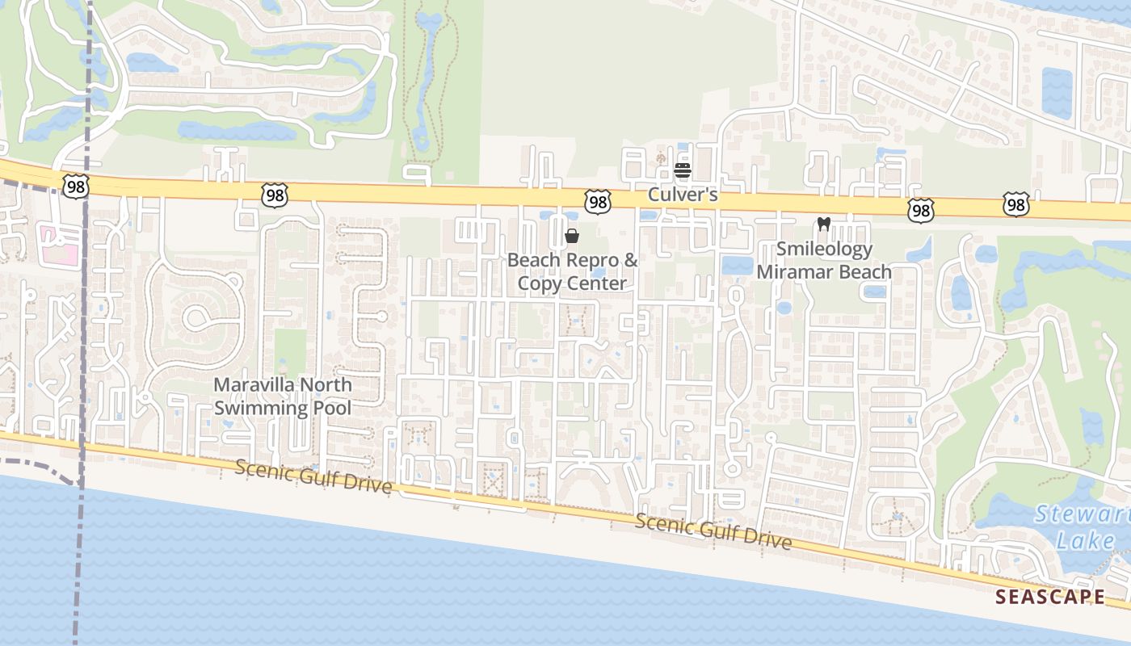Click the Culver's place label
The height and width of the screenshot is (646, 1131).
point(683,195)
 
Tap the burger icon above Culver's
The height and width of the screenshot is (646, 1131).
point(683,170)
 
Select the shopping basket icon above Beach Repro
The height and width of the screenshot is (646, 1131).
point(572,236)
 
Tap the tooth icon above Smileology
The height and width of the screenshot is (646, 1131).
point(824,224)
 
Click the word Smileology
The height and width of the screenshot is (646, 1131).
point(824,249)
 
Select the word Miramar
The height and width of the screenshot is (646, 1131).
point(790,271)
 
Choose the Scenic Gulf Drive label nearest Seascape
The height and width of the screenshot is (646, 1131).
point(713,531)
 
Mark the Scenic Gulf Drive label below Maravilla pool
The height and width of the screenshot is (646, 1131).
point(313,476)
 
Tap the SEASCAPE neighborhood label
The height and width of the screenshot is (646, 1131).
point(1049,597)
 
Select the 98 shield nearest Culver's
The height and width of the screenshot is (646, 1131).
point(598,201)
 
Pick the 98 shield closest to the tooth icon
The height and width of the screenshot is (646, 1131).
point(920,210)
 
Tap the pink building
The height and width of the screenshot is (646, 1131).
point(60,245)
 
